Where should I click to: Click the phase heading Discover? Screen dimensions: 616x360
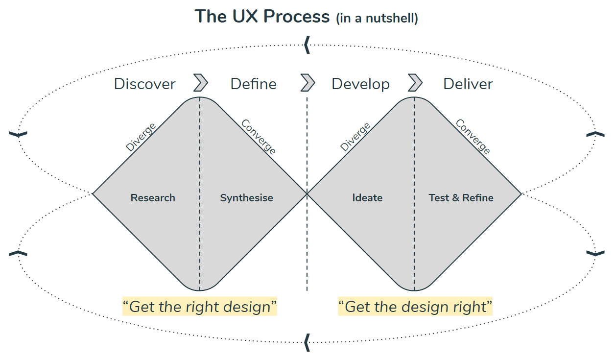pos(144,84)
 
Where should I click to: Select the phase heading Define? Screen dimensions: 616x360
pos(253,84)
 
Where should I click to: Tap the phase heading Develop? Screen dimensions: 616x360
pos(360,84)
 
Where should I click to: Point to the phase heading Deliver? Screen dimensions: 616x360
pos(468,84)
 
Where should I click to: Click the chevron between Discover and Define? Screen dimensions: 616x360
pos(200,82)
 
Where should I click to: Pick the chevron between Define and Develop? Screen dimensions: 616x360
pos(308,82)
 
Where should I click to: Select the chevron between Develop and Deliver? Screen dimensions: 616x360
pos(415,82)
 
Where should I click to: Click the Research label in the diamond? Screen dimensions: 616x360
pos(153,198)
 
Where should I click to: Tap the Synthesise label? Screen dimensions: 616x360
pos(246,198)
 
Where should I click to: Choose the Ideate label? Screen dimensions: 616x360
pos(367,198)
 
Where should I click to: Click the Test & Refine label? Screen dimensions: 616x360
pos(461,198)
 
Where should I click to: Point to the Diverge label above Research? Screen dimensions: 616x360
pos(141,137)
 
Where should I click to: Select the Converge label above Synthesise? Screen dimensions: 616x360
pos(258,137)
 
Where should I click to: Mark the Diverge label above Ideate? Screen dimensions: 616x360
pos(355,137)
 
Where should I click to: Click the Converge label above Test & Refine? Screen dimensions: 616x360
pos(473,137)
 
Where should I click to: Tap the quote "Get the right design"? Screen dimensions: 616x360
pos(200,307)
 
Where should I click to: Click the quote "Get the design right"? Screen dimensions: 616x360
pos(415,307)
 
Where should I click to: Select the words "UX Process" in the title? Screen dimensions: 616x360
pos(281,17)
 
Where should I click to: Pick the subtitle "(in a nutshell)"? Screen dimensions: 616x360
pos(377,19)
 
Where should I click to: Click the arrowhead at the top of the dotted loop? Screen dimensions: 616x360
pos(307,45)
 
